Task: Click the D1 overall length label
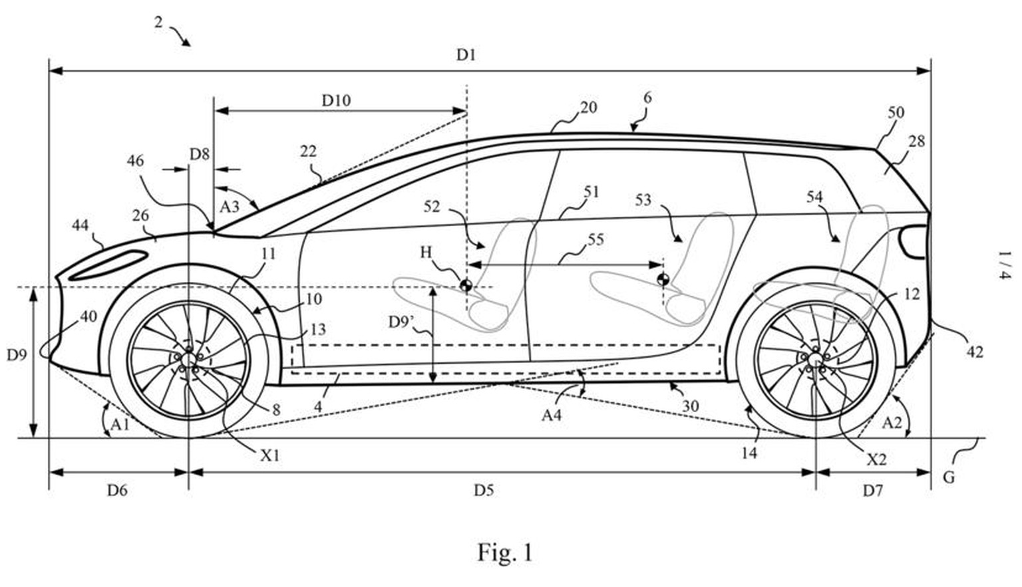tap(466, 55)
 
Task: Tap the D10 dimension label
tap(336, 100)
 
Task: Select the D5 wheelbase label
tap(484, 491)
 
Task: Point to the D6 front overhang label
tap(117, 491)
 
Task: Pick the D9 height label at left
tap(17, 355)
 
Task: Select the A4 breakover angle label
tap(552, 415)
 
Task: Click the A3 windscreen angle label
tap(229, 206)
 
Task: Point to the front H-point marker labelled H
tap(466, 286)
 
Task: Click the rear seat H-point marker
tap(662, 279)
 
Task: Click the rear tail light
tap(912, 240)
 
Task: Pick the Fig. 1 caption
tap(505, 552)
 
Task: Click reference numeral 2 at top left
tap(158, 22)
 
